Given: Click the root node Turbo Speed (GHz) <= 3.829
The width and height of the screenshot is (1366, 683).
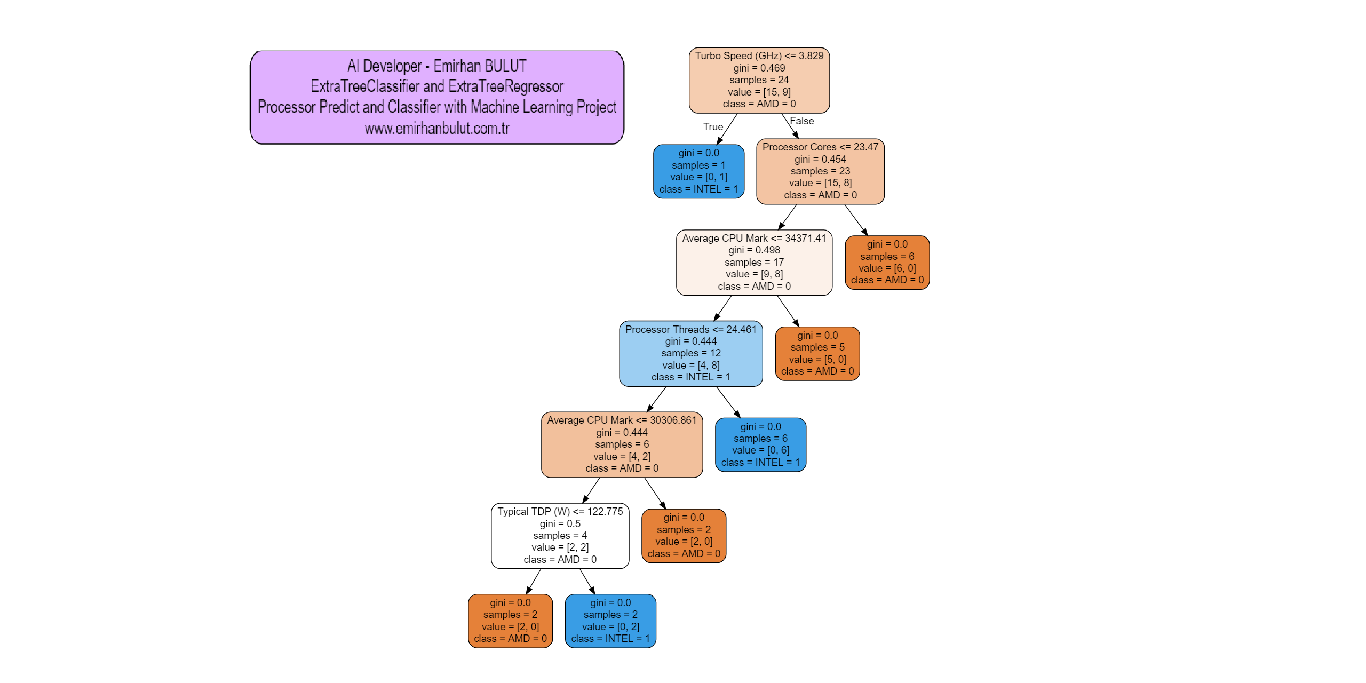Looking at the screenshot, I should [759, 80].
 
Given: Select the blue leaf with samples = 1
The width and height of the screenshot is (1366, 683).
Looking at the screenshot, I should [698, 171].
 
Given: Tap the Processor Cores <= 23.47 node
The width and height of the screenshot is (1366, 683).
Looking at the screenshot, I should [820, 171].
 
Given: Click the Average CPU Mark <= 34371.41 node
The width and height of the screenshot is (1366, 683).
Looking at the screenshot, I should [754, 263].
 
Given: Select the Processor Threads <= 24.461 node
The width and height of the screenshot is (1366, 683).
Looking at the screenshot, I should [690, 353].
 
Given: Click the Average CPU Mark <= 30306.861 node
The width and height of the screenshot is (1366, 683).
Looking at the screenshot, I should [622, 444].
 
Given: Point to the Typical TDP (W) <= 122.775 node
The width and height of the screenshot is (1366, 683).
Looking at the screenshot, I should [560, 535].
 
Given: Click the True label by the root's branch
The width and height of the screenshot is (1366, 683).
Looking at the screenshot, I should [713, 127].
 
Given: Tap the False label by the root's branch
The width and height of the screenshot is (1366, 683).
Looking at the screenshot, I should [801, 121].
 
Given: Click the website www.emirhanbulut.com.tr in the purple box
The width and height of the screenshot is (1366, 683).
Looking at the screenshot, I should [437, 129].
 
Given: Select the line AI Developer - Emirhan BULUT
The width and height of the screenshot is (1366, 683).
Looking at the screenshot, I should [437, 66].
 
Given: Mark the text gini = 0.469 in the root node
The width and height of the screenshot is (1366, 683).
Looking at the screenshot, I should [759, 68].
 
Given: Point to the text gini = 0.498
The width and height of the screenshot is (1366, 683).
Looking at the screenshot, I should [754, 250].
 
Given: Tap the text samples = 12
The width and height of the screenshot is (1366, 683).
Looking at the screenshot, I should [690, 353].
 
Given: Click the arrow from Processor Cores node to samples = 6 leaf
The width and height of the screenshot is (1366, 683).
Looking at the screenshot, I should [856, 219].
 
